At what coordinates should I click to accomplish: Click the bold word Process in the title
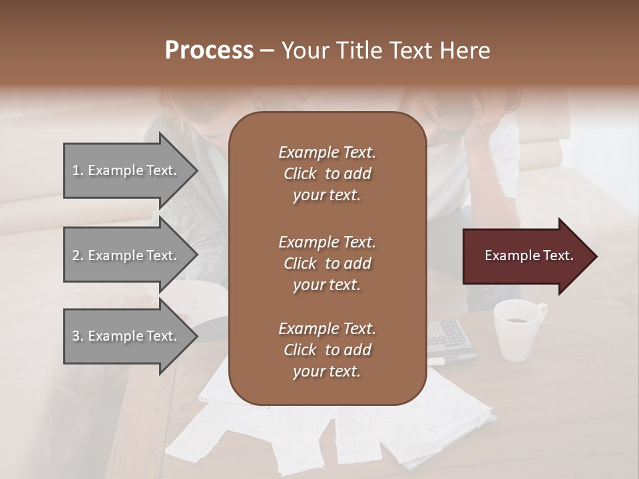point(209,51)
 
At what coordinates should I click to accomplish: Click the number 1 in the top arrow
point(75,170)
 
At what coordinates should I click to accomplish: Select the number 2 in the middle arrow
point(76,255)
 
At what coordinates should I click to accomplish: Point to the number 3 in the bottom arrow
point(76,336)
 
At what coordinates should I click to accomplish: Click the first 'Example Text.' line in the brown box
point(327,152)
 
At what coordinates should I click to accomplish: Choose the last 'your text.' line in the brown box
point(327,372)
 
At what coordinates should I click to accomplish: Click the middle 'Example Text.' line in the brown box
point(327,241)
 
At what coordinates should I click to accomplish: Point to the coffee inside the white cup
point(515,320)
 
